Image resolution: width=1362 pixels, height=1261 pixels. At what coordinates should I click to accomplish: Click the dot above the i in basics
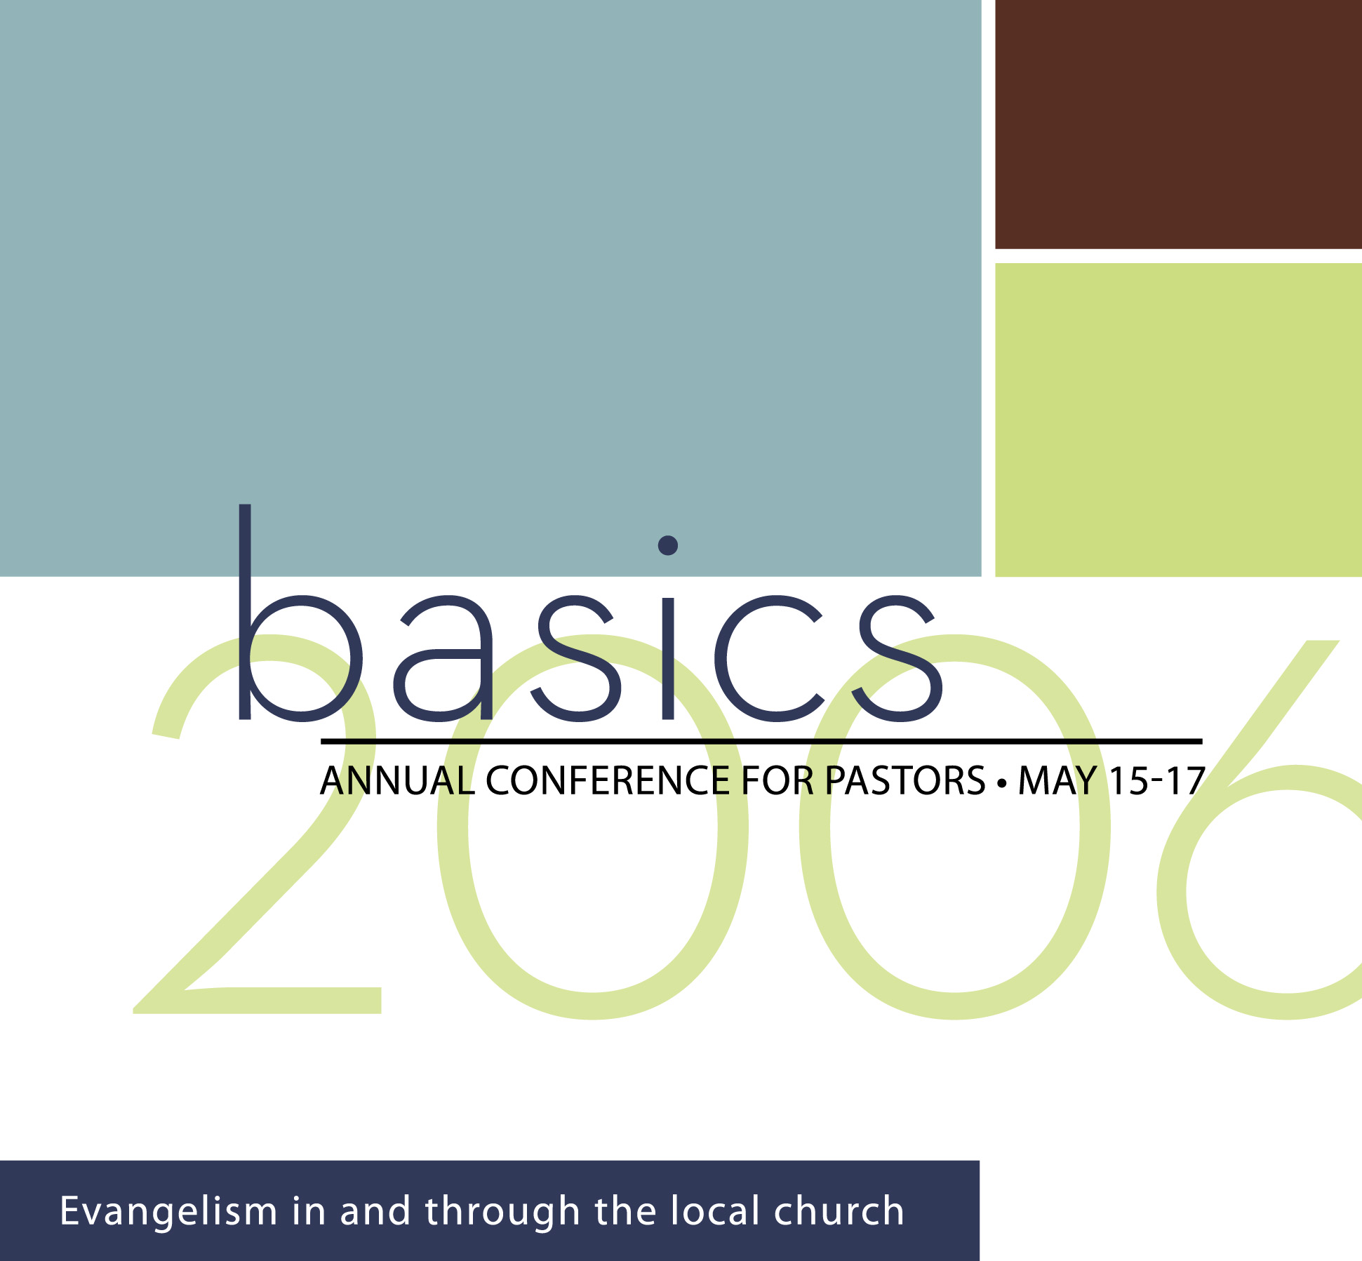coord(668,545)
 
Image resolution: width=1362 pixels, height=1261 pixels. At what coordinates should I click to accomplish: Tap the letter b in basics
coord(300,613)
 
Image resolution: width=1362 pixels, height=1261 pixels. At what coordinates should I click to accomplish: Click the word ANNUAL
coord(397,780)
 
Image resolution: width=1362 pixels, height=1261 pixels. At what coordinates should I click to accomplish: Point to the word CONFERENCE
coord(607,780)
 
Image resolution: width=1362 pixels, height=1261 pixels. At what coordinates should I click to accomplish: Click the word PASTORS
coord(905,780)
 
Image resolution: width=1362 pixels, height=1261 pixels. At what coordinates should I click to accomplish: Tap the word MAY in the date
coord(1057,780)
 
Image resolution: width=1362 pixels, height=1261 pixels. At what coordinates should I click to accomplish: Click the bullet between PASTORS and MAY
coord(1002,782)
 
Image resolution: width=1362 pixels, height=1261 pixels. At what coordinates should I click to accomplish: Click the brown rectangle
coord(1178,124)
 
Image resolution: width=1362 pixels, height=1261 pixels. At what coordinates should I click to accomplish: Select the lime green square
coord(1178,420)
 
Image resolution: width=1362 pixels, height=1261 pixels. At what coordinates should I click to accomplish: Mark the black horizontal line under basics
coord(761,741)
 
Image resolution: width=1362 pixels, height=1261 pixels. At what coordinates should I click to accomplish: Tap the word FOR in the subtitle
coord(777,780)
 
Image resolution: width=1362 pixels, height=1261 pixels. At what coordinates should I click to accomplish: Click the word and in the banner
coord(375,1210)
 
